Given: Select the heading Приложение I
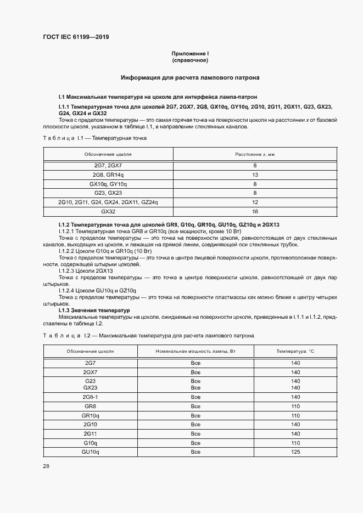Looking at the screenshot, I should tap(189, 53).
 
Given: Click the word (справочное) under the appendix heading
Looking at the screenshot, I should tap(189, 60).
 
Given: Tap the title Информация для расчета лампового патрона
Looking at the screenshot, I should tap(190, 78).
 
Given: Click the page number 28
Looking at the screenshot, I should tap(46, 466).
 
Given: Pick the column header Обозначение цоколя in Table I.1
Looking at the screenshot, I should tap(108, 155).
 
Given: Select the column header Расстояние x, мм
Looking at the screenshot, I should tap(255, 155).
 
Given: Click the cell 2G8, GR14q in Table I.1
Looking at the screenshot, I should tap(108, 174).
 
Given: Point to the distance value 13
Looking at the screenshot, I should tap(255, 174).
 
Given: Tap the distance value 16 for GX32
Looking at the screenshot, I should tap(255, 211).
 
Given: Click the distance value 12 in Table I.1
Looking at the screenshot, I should tap(255, 202).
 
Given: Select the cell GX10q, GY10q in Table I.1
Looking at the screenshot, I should tap(108, 184).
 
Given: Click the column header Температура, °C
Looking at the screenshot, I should tap(295, 350).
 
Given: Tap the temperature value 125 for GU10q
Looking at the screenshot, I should tap(295, 452).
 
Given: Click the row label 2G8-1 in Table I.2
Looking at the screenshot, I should tap(90, 397).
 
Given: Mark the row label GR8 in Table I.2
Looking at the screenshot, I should tap(90, 406).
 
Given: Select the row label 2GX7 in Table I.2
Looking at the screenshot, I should tap(90, 372).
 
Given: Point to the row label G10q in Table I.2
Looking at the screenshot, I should tap(90, 442).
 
